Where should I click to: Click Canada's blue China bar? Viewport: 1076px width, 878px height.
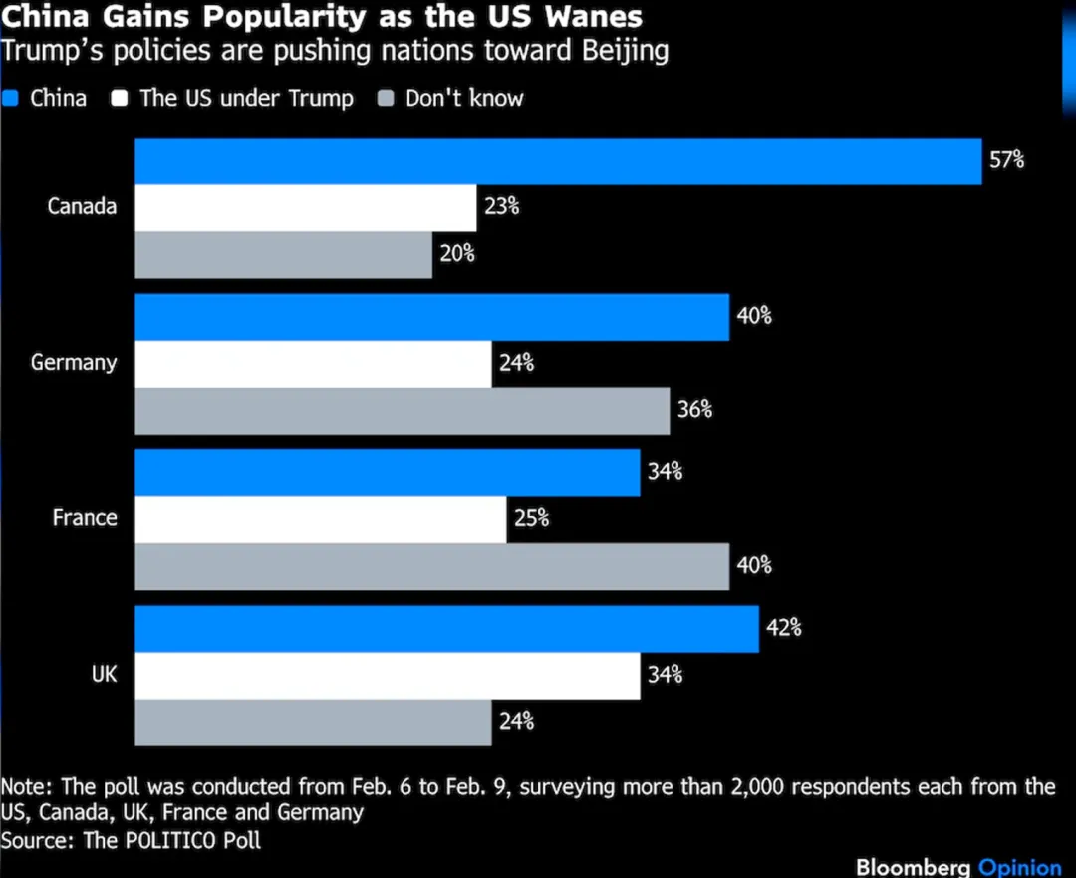tap(558, 161)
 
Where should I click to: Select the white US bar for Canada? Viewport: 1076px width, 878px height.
tap(306, 208)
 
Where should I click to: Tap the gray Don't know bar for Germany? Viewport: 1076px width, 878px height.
tap(403, 411)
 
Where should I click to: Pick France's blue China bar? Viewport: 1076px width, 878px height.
tap(388, 472)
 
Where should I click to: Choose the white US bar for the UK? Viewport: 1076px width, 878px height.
tap(388, 676)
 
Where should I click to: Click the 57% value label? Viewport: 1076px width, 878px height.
tap(1006, 160)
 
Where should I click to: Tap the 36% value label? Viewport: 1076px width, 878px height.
tap(694, 410)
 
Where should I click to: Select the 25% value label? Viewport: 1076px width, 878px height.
tap(531, 519)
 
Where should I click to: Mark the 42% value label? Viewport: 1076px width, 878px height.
tap(784, 629)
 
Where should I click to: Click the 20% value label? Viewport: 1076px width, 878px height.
tap(457, 254)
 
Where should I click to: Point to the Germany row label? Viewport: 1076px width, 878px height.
tap(74, 363)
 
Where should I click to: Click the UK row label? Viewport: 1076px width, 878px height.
tap(104, 675)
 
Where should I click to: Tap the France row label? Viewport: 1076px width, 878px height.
tap(85, 518)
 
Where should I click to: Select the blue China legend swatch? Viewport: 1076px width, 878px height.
tap(12, 98)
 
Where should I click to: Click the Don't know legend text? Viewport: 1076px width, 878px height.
tap(464, 98)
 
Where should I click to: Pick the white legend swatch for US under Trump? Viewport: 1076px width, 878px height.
tap(122, 98)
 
